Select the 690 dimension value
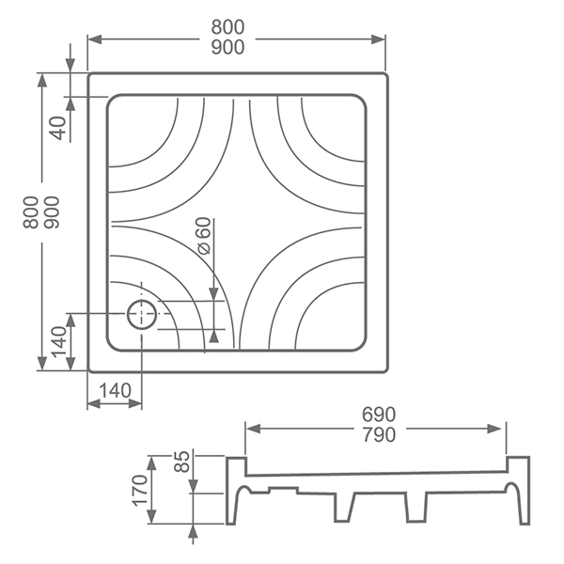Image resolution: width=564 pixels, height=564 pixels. click(x=379, y=415)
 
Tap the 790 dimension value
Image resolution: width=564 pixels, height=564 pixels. click(x=379, y=434)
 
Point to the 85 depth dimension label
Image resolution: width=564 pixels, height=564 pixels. click(x=182, y=462)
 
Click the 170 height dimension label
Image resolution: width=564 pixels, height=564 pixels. click(x=140, y=491)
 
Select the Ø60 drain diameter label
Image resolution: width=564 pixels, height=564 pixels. click(x=204, y=236)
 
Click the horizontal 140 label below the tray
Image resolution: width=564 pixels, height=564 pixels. click(x=115, y=391)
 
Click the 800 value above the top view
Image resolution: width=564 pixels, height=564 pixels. click(x=227, y=27)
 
